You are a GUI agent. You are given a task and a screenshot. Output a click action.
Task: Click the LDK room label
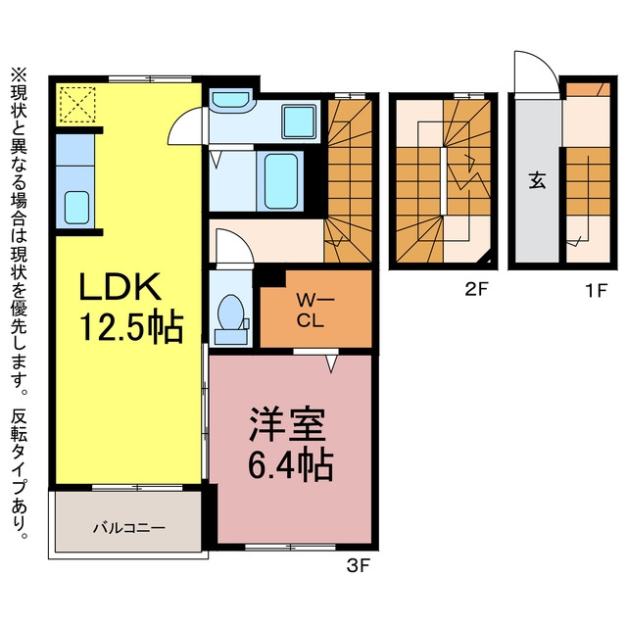pyautogui.click(x=121, y=286)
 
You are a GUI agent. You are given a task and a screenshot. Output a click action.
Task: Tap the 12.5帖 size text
pyautogui.click(x=132, y=327)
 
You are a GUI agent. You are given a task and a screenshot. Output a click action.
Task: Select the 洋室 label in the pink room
pyautogui.click(x=287, y=424)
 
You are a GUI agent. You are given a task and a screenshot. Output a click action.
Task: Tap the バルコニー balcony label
pyautogui.click(x=128, y=528)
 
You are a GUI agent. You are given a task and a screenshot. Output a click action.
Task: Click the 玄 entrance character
pyautogui.click(x=538, y=180)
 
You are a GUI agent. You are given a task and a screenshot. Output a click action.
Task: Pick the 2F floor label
pyautogui.click(x=477, y=290)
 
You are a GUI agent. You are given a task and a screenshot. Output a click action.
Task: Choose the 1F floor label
pyautogui.click(x=597, y=290)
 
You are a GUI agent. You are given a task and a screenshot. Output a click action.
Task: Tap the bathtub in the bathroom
pyautogui.click(x=281, y=181)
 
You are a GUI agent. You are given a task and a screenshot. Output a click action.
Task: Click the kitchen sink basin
pyautogui.click(x=76, y=207)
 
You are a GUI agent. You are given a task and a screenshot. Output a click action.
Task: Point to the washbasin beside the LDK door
pyautogui.click(x=231, y=100)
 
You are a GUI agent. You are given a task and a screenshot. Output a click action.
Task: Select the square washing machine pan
pyautogui.click(x=298, y=121)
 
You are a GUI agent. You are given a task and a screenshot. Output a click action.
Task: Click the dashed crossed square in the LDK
pyautogui.click(x=77, y=105)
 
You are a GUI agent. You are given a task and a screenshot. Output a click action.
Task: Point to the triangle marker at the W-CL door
pyautogui.click(x=331, y=363)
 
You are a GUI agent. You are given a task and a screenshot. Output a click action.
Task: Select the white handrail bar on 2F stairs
pyautogui.click(x=444, y=181)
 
